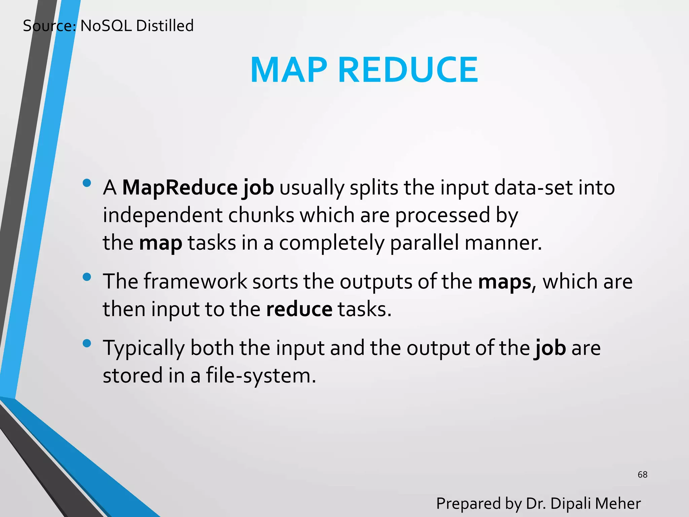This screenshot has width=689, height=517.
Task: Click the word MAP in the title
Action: click(x=289, y=70)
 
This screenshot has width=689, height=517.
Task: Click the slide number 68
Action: click(x=642, y=475)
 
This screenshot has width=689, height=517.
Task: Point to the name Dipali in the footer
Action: click(x=571, y=504)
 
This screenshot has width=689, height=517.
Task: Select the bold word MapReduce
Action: click(x=180, y=187)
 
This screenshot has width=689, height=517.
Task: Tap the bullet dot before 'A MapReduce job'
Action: click(x=87, y=183)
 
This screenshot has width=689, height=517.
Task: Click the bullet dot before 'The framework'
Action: click(x=87, y=277)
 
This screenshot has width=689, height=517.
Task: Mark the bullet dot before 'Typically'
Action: click(x=87, y=343)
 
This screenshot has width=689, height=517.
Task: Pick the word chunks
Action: click(x=261, y=215)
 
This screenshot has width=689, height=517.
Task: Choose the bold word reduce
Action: click(x=299, y=309)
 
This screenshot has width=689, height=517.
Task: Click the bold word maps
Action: click(x=504, y=282)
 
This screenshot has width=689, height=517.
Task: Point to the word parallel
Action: click(x=424, y=243)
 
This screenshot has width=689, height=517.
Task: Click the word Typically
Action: click(x=144, y=349)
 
